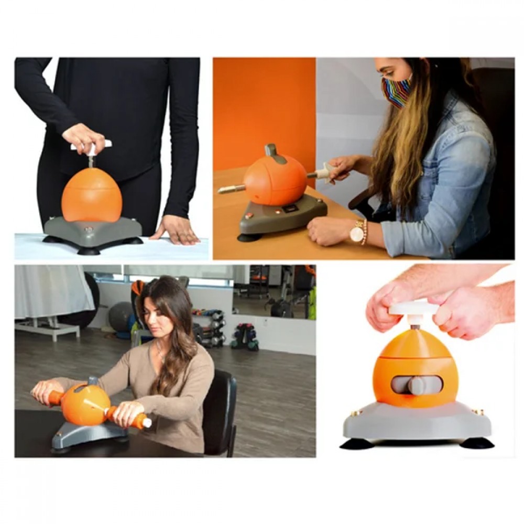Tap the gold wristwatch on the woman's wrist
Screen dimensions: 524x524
point(358,232)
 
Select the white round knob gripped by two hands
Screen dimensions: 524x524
point(413,308)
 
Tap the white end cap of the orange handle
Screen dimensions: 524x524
point(147,422)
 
